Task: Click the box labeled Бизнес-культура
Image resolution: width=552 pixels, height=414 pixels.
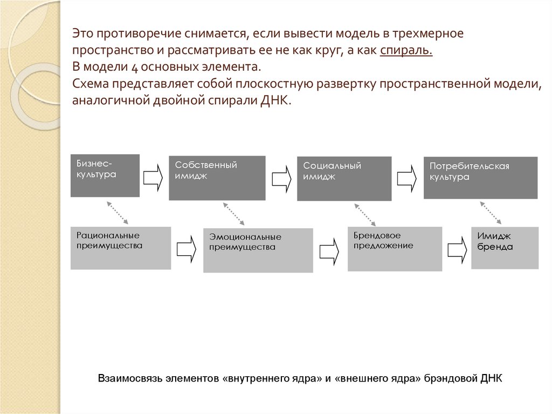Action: tap(105, 175)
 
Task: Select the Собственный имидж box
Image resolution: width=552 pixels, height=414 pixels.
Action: tap(217, 178)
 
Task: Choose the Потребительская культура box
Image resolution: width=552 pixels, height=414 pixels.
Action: tap(480, 178)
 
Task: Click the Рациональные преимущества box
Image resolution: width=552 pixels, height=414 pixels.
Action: tap(121, 248)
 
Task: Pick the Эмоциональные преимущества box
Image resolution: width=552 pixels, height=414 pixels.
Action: tap(258, 250)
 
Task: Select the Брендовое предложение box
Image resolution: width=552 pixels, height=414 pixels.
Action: tap(395, 249)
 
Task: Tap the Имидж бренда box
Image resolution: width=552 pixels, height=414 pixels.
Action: tap(505, 248)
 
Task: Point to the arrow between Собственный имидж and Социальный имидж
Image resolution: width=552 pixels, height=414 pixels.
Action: tap(281, 178)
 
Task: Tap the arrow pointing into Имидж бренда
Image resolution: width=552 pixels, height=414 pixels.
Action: tap(457, 248)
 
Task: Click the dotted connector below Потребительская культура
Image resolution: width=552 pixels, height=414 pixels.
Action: tap(491, 213)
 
